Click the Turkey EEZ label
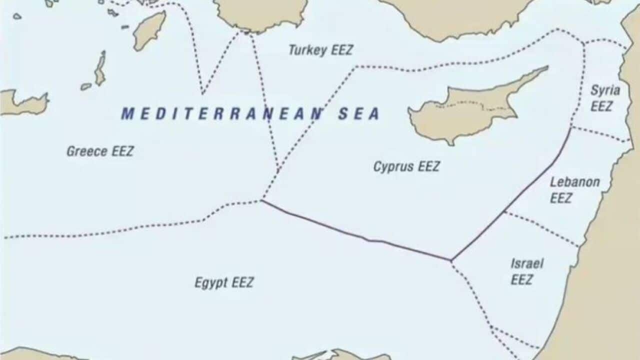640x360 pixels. pyautogui.click(x=321, y=50)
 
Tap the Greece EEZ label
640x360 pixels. pyautogui.click(x=100, y=151)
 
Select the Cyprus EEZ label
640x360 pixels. pyautogui.click(x=406, y=166)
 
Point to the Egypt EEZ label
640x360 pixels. pyautogui.click(x=224, y=282)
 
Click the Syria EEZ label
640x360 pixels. pyautogui.click(x=604, y=98)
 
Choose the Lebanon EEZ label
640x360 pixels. pyautogui.click(x=574, y=190)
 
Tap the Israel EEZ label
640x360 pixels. pyautogui.click(x=526, y=271)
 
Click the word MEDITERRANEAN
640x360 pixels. pyautogui.click(x=222, y=114)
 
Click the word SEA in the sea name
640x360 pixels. pyautogui.click(x=358, y=114)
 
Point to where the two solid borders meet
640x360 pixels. pyautogui.click(x=451, y=260)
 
